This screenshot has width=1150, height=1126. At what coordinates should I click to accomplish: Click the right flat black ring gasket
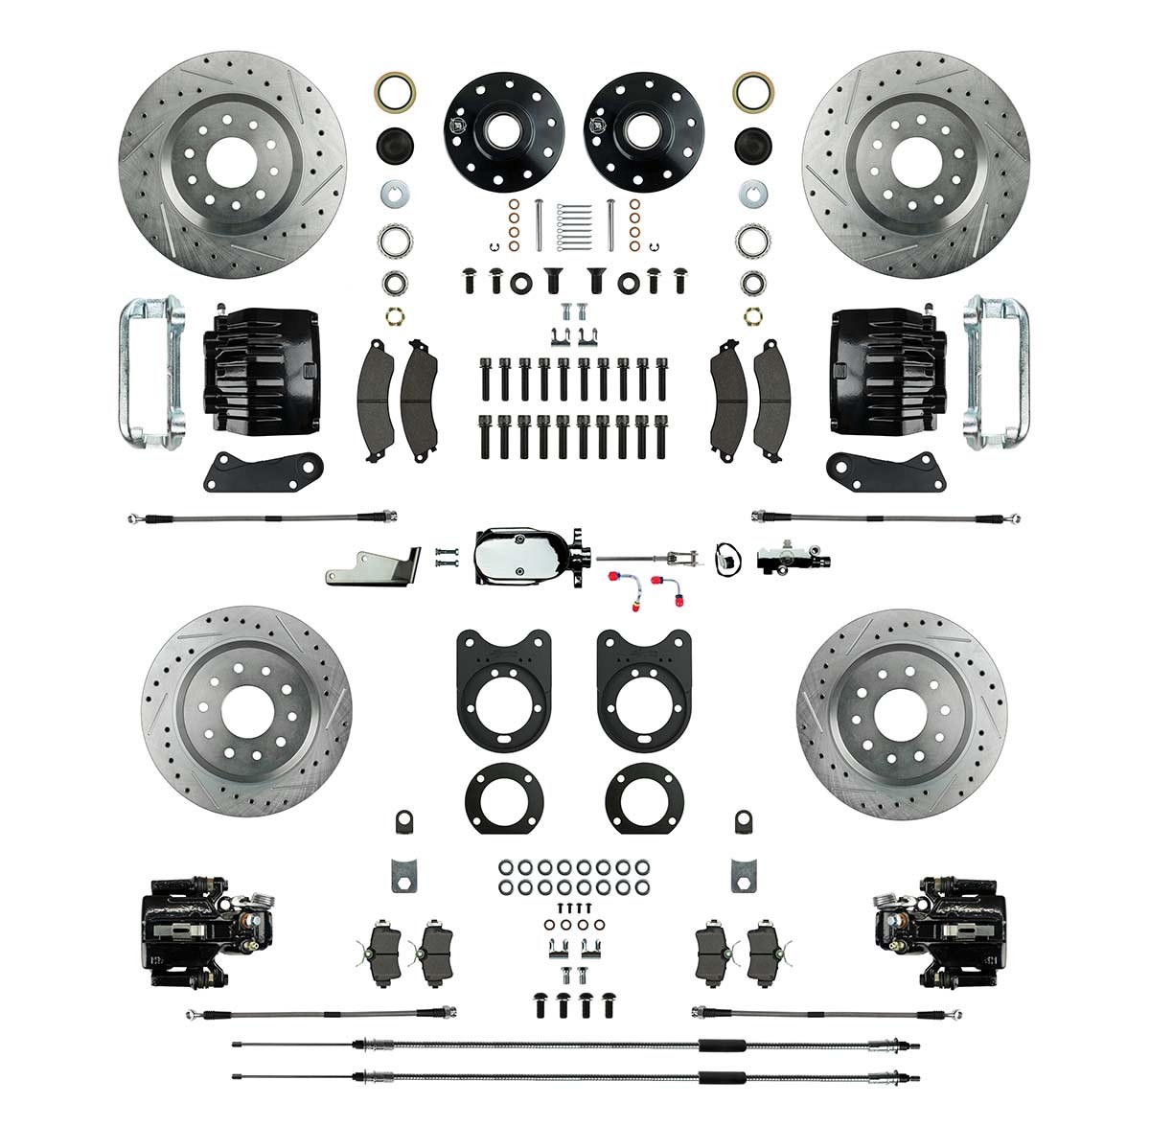pos(645,792)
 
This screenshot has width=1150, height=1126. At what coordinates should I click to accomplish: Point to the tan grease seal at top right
pos(753,94)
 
